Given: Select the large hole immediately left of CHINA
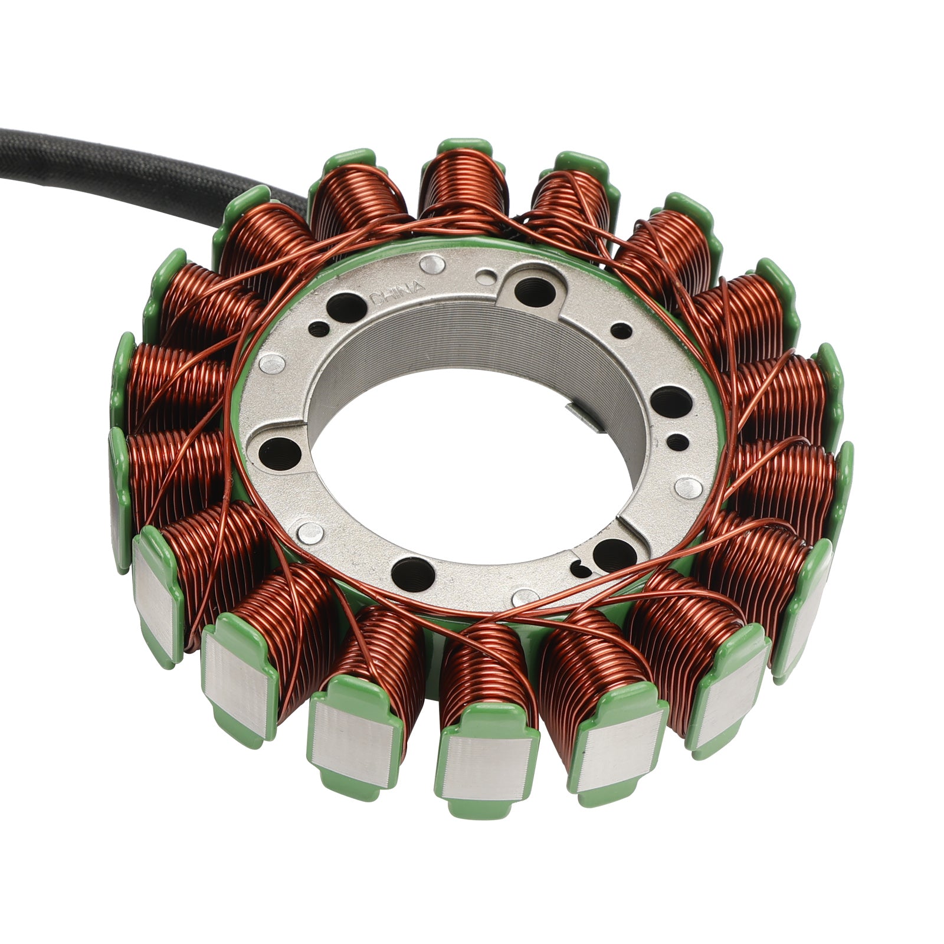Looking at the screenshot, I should click(345, 306).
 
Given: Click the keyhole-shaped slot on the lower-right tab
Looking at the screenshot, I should click(582, 569).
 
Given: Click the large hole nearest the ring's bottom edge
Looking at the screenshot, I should click(412, 572).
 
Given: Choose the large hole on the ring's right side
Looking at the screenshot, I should click(670, 402).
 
